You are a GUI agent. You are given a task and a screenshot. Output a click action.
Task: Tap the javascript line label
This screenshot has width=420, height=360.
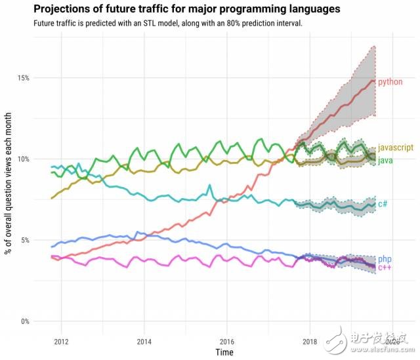tap(395, 150)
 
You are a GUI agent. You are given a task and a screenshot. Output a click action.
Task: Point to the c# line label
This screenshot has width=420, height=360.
tap(383, 204)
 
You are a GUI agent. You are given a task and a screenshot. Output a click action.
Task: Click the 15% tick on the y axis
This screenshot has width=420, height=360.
tap(22, 78)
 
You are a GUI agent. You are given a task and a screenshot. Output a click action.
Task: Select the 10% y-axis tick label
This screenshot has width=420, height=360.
tap(22, 159)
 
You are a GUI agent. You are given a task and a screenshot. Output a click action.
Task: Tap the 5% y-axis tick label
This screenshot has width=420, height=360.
tap(24, 240)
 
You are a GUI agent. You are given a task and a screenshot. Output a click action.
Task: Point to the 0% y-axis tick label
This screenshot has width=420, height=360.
tap(24, 321)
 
